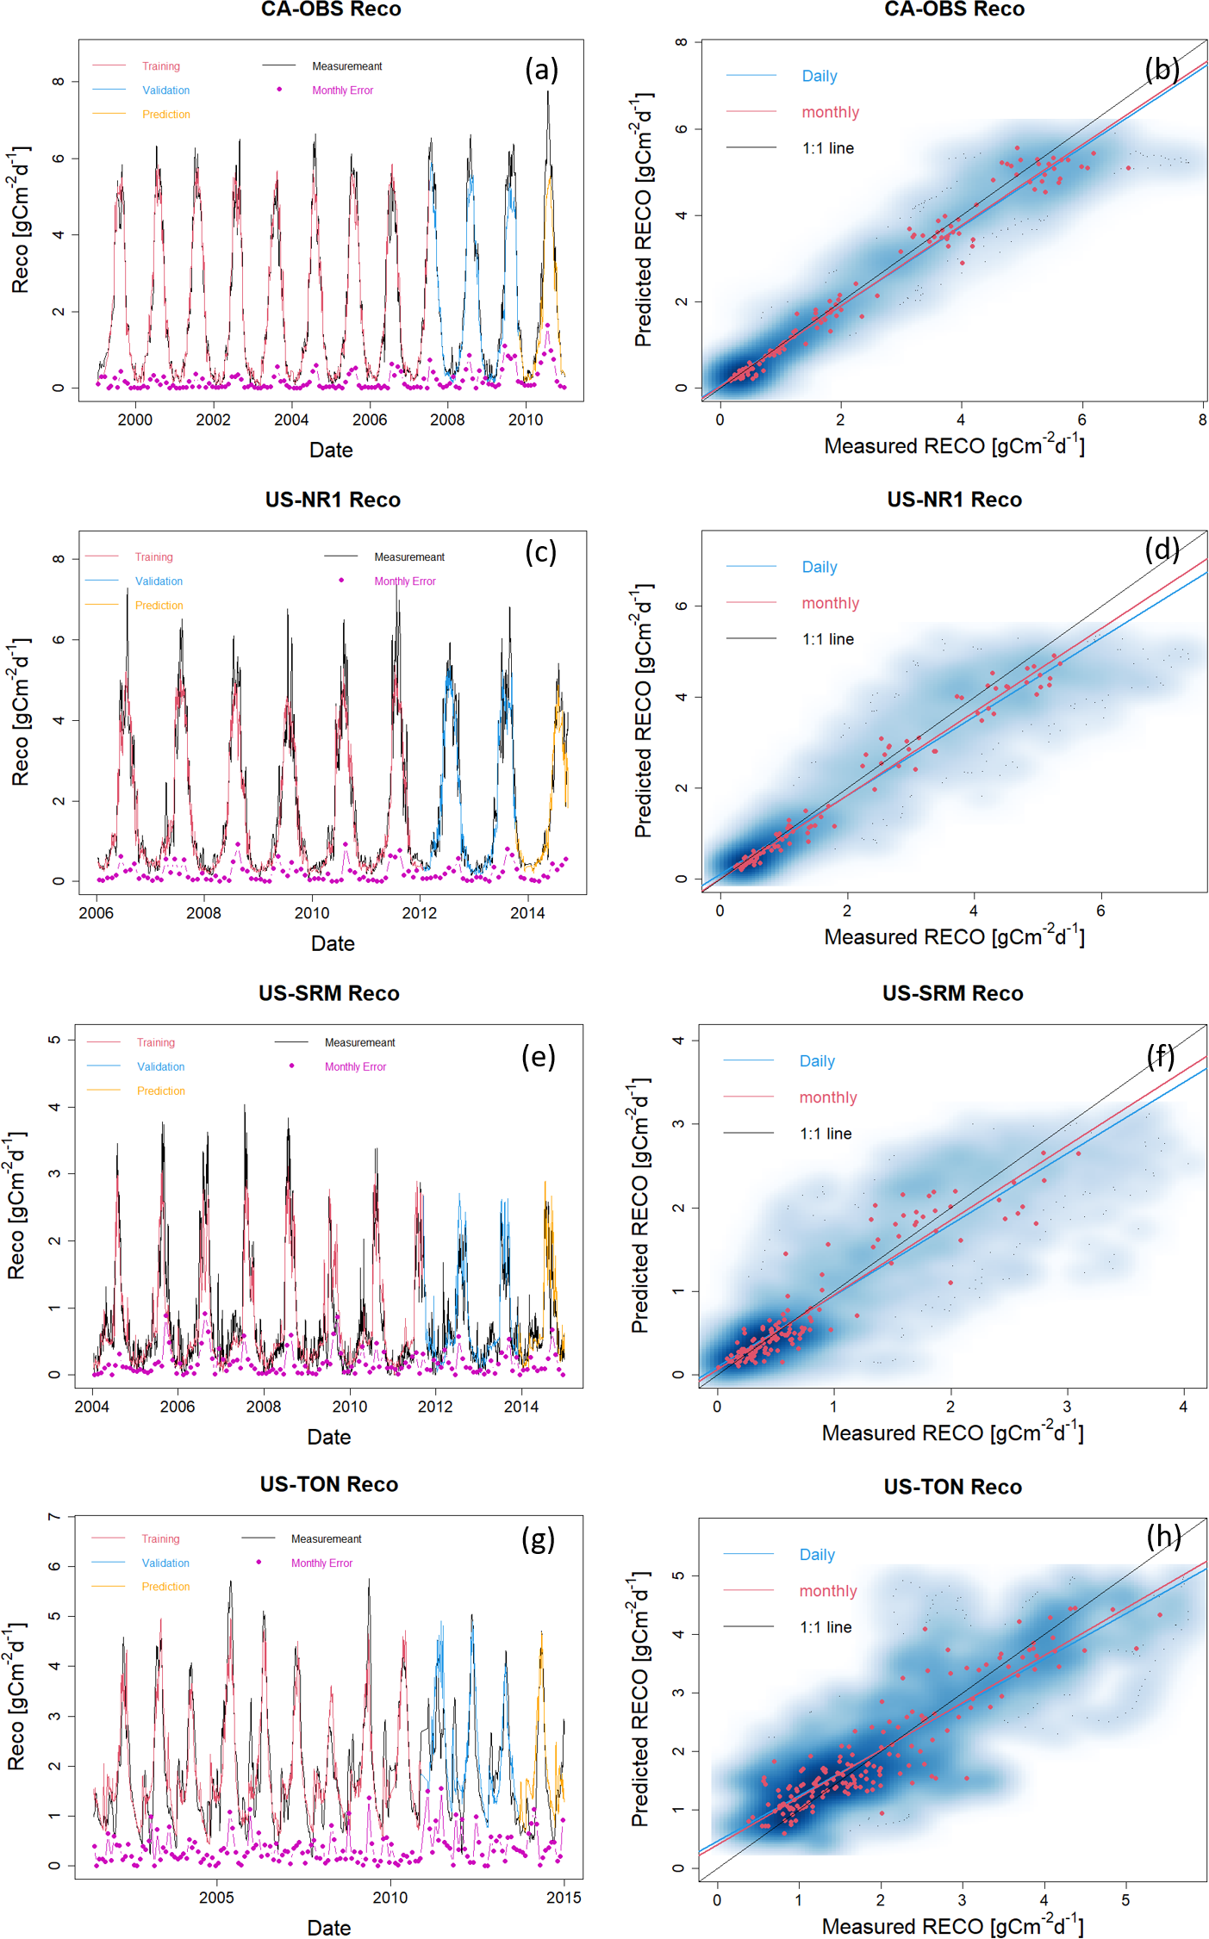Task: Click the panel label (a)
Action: click(541, 70)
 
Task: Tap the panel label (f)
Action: click(1161, 1056)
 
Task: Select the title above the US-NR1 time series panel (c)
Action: click(333, 500)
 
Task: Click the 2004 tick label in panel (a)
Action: click(291, 420)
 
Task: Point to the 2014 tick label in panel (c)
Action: click(527, 914)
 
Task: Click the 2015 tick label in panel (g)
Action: click(564, 1898)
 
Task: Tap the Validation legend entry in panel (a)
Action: click(165, 90)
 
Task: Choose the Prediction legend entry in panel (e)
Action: click(160, 1091)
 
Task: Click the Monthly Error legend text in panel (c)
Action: click(405, 581)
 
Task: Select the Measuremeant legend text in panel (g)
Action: click(326, 1539)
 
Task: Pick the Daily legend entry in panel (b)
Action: click(819, 77)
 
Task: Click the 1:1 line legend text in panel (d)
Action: click(827, 640)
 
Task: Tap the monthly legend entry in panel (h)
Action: click(827, 1592)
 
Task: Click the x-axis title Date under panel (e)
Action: click(329, 1437)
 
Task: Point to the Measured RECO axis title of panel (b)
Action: click(954, 446)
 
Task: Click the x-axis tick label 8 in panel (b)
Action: click(1202, 420)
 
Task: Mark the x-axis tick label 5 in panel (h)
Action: click(1125, 1899)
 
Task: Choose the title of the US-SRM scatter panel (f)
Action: click(952, 994)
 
